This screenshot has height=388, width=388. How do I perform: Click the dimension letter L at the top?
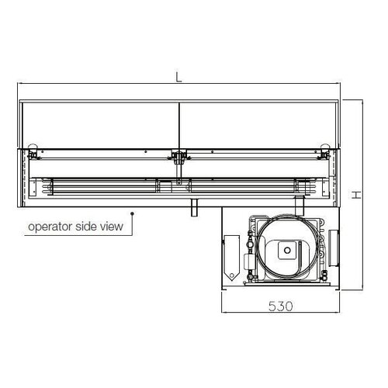point(178,77)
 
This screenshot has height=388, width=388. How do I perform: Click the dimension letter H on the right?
point(355,196)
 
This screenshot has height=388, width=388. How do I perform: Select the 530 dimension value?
point(281,306)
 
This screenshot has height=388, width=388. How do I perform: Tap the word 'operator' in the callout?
point(51,227)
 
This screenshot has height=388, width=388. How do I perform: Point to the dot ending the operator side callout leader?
point(133,213)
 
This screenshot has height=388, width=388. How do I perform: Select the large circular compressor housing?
point(287,248)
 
